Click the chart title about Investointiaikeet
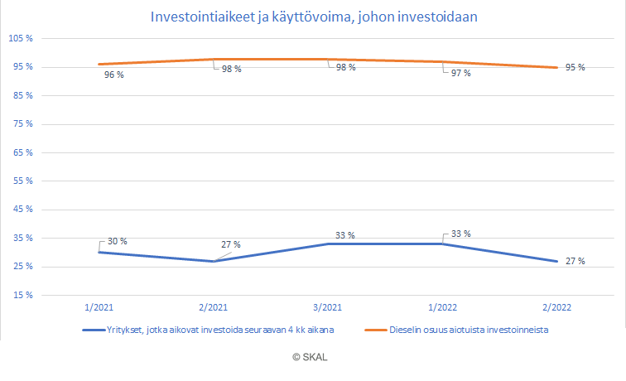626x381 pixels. point(314,17)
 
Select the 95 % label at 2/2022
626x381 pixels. point(575,68)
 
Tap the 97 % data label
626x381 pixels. point(460,74)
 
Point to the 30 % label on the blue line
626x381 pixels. point(118,241)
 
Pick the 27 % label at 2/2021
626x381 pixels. point(230,244)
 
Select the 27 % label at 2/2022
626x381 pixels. point(575,262)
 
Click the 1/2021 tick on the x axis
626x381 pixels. point(99,306)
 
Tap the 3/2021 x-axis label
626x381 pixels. point(328,306)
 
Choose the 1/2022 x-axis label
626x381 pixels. point(442,306)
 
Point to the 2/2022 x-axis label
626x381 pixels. point(556,306)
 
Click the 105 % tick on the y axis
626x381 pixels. point(19,39)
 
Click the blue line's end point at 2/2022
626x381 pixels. point(556,262)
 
